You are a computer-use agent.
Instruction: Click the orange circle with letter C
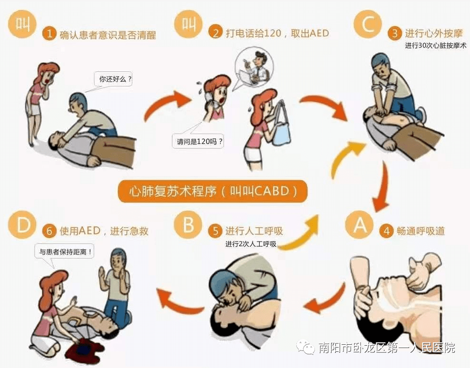368,24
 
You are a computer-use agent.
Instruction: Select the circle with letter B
188,225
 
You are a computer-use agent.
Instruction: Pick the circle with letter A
359,225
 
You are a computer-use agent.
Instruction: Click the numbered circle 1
49,34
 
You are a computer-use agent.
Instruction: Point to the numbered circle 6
49,231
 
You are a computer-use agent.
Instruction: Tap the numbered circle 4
387,231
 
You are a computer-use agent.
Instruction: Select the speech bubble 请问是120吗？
198,141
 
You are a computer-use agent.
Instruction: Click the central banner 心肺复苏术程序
213,191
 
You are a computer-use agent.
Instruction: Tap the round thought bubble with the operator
255,66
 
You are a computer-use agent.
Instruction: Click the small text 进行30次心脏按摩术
436,46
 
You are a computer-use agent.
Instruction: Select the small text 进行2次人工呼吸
251,244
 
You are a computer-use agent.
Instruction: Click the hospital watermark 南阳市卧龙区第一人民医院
387,348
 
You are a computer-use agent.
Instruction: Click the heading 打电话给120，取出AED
277,33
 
